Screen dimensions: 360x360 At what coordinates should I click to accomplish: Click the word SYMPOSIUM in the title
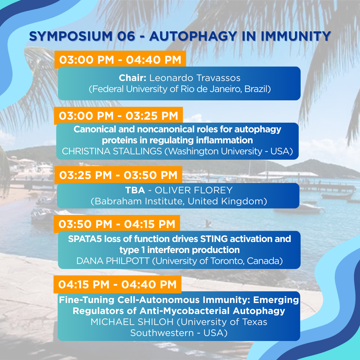point(71,36)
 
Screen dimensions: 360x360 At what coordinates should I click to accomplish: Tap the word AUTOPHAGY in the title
point(193,36)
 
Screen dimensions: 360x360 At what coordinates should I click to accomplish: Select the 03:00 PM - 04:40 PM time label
point(120,60)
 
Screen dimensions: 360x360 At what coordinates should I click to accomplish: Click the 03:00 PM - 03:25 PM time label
point(118,116)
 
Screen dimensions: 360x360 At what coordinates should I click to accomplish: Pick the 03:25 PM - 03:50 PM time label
point(118,175)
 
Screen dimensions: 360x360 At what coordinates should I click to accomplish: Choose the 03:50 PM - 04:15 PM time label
point(117,224)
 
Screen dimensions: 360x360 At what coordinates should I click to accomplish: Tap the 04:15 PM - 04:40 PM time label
point(117,284)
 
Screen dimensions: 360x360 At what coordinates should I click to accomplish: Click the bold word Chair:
point(132,78)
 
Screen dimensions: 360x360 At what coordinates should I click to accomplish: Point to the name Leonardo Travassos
point(195,78)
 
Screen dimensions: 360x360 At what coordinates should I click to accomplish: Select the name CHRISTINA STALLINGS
point(112,151)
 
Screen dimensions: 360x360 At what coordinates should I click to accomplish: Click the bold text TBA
point(135,190)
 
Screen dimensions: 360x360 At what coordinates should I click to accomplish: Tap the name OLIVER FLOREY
point(194,190)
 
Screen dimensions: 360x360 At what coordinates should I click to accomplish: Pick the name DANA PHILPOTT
point(113,261)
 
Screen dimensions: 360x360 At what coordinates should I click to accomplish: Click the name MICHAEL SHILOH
point(132,322)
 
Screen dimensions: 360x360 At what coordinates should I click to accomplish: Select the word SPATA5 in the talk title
point(85,239)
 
